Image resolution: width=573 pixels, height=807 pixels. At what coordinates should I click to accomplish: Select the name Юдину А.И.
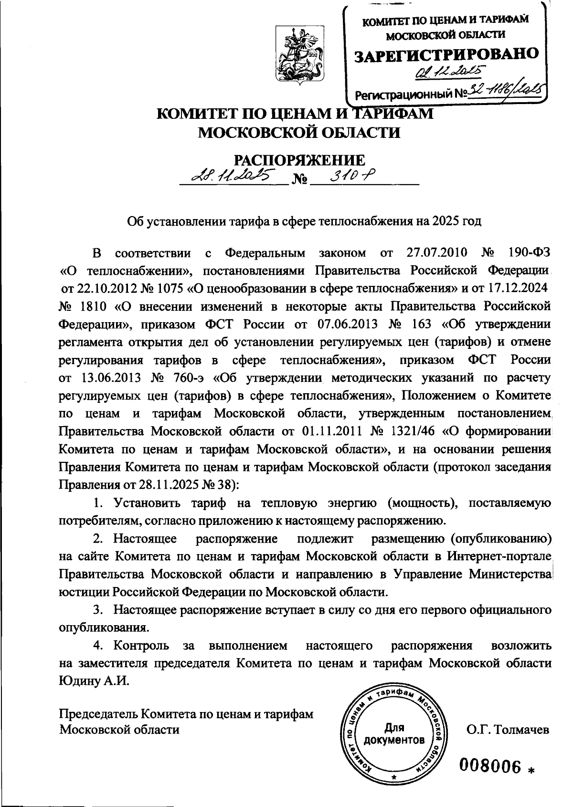94,681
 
